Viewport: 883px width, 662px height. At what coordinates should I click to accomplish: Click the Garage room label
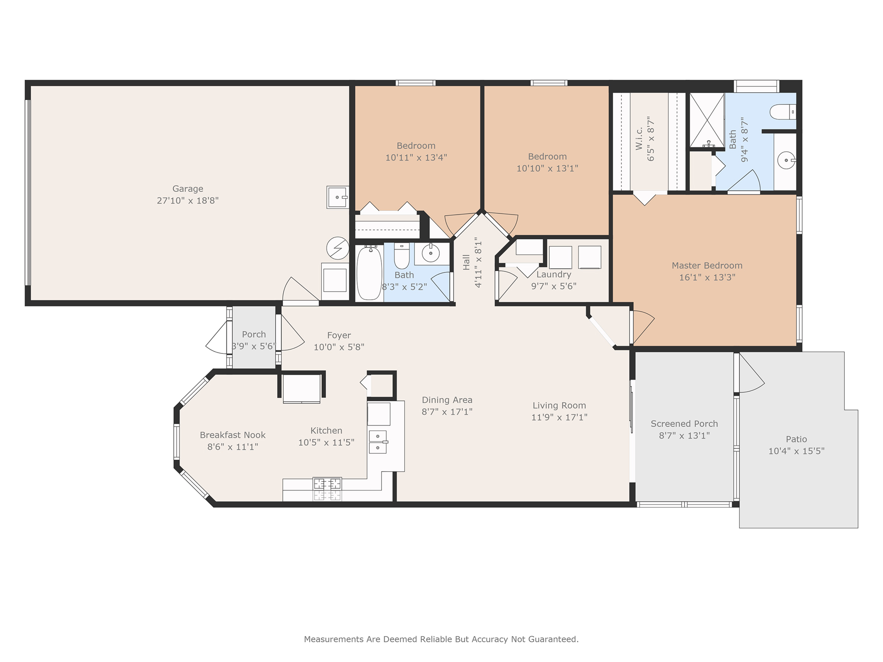(x=188, y=189)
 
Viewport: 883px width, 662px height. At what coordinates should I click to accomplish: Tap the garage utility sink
(x=338, y=197)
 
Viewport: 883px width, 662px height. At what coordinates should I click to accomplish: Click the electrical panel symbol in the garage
(x=338, y=248)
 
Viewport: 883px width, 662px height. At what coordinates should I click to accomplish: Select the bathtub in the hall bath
(x=369, y=272)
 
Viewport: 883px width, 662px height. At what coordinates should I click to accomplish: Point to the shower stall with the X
(x=707, y=120)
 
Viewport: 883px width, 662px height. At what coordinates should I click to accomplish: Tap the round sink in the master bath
(x=786, y=160)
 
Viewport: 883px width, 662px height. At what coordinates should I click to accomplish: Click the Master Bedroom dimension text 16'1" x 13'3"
(x=707, y=278)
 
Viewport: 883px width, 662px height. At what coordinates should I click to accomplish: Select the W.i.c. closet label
(x=639, y=138)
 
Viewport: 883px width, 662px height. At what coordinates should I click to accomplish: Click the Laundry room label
(x=554, y=275)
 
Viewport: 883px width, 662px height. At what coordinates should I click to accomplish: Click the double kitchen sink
(x=378, y=442)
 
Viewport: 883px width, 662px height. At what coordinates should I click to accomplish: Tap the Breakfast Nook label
(x=232, y=435)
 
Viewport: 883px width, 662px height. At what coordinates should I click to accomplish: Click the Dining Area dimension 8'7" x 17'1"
(x=447, y=412)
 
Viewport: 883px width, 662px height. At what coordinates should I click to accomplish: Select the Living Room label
(x=559, y=406)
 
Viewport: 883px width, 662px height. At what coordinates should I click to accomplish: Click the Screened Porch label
(x=684, y=424)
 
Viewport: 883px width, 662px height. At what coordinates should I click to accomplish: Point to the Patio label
(x=796, y=439)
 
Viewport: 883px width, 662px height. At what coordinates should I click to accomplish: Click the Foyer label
(x=339, y=335)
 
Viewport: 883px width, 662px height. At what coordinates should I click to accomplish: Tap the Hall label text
(x=466, y=262)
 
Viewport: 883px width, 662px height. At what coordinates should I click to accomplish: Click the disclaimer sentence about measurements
(x=441, y=639)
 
